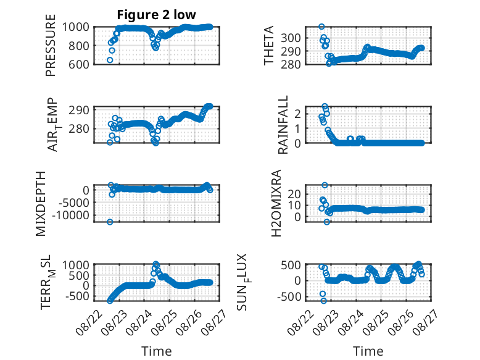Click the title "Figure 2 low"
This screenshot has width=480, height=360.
[156, 14]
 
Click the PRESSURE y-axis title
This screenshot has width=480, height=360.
[51, 45]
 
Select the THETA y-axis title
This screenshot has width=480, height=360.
[268, 45]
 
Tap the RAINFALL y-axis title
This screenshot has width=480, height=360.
[283, 124]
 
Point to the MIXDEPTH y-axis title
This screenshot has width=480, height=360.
[40, 204]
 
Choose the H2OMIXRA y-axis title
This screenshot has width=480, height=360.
[276, 203]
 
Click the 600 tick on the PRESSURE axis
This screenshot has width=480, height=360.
[79, 64]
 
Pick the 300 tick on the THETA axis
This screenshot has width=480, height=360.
[291, 38]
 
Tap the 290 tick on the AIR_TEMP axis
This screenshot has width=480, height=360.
[79, 110]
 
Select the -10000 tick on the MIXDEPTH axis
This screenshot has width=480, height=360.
[70, 215]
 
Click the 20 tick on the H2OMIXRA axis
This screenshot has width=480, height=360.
[294, 193]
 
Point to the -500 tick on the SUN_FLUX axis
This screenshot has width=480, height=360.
[289, 296]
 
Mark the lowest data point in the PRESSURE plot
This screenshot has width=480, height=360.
[110, 60]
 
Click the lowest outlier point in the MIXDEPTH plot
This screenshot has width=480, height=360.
[110, 222]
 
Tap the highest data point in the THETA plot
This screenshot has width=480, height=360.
[321, 27]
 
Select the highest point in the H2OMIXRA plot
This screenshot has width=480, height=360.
[325, 185]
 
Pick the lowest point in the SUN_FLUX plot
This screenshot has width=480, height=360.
[323, 301]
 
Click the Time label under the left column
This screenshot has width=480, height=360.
[157, 351]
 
